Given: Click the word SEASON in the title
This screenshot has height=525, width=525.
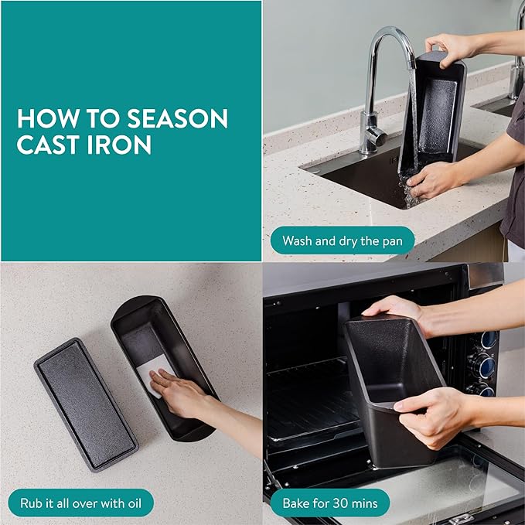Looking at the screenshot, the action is point(178,118).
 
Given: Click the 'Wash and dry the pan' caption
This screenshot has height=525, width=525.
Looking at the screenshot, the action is point(343,240).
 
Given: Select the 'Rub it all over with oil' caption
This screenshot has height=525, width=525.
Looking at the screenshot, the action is point(80,503).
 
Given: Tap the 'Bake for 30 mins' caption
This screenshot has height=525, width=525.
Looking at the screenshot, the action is point(330,503).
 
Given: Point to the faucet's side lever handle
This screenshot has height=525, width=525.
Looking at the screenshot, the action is point(377,135).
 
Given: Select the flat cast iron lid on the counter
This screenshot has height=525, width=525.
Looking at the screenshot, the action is point(86,404).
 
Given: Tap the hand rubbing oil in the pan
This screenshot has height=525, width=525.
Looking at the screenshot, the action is point(178,393).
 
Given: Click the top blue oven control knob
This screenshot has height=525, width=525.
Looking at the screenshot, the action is point(488,339).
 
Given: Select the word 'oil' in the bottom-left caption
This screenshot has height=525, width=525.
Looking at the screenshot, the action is point(135,503).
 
